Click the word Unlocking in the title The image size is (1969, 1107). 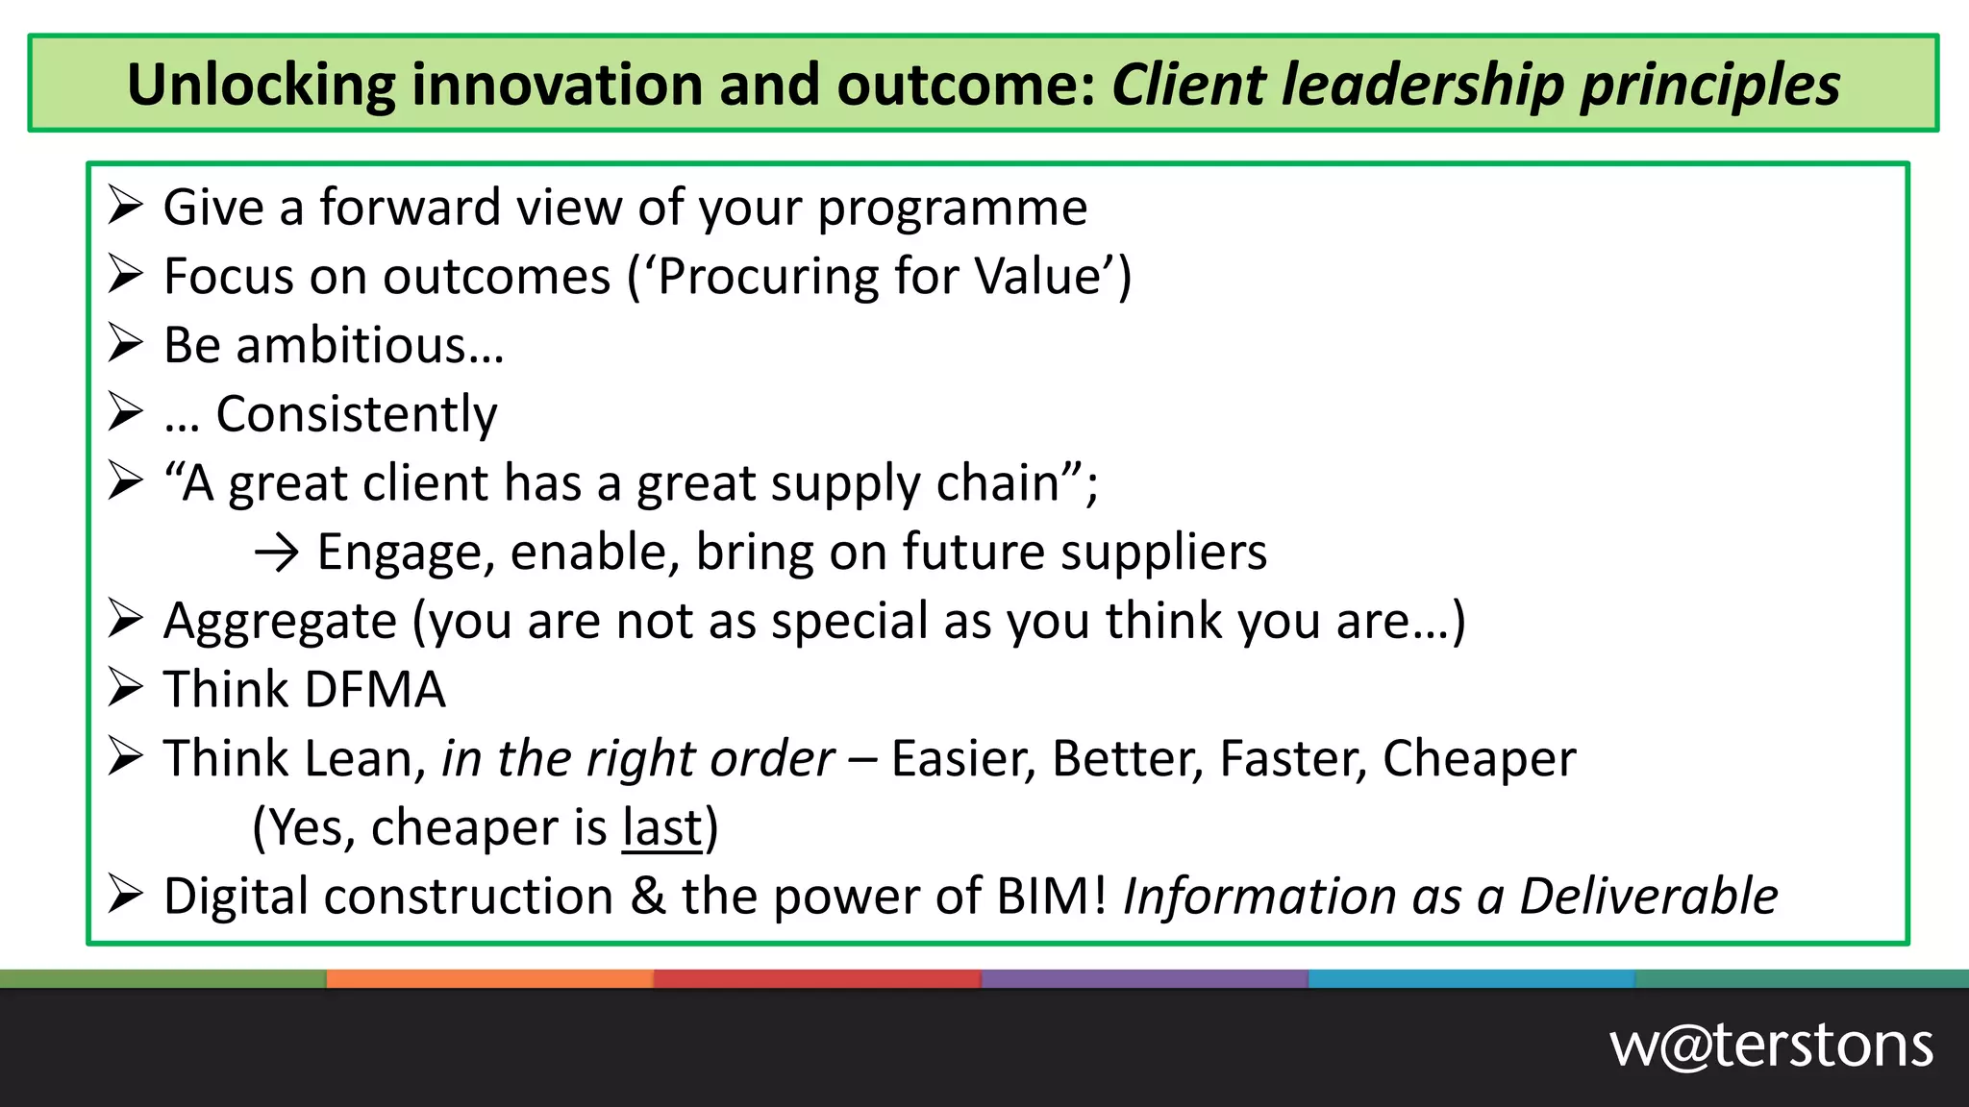[261, 85]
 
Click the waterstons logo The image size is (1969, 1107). [1771, 1046]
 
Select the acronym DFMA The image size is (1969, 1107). [375, 690]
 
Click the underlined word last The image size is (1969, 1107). [662, 827]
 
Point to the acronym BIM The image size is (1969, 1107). [1051, 897]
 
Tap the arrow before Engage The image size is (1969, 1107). [277, 553]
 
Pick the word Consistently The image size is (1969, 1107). [356, 415]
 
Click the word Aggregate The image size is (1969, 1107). [280, 622]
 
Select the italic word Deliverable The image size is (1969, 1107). [1648, 897]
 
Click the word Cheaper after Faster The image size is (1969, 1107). [1479, 759]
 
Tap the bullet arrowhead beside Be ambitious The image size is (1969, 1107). [125, 344]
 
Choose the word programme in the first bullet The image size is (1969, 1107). [952, 209]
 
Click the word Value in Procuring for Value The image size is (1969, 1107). [1036, 277]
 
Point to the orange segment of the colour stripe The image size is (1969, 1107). [490, 979]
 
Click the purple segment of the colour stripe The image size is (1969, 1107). [1144, 979]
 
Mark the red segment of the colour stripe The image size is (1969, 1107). [817, 979]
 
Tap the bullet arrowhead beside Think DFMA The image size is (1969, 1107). [125, 688]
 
